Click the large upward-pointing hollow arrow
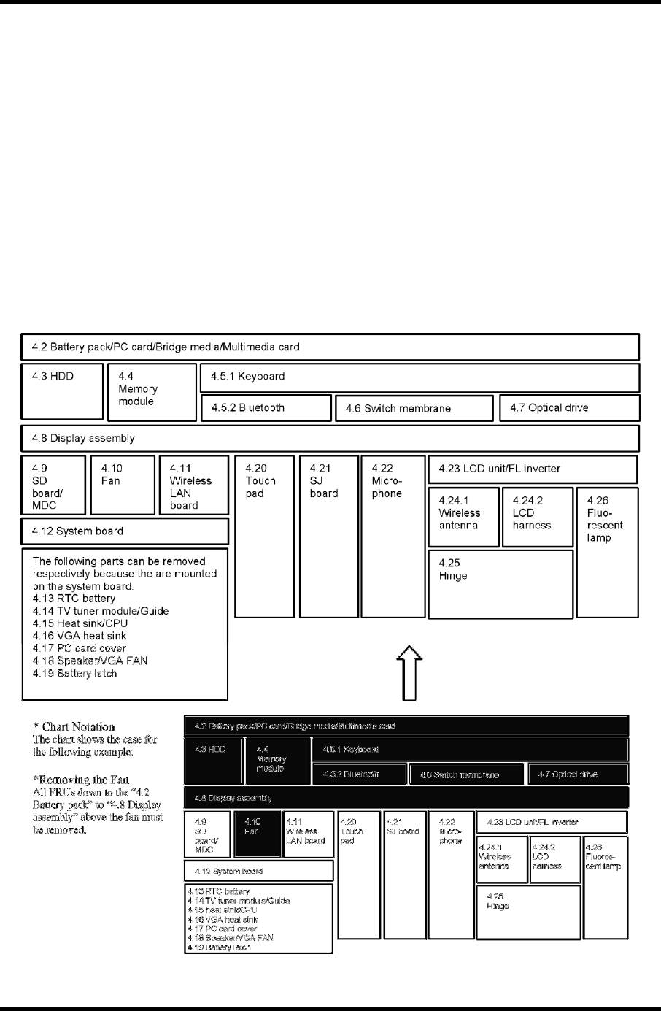coord(410,672)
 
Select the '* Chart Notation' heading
coord(74,727)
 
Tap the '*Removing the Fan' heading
coord(81,780)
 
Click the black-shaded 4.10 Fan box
coord(262,834)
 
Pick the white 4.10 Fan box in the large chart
coord(121,485)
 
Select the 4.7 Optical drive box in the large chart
coord(569,408)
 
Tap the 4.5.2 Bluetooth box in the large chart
coord(266,408)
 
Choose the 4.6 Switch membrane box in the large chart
coord(414,408)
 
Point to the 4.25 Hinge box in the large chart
coord(500,585)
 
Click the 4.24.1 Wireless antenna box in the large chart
coord(463,517)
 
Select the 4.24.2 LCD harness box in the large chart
coord(537,517)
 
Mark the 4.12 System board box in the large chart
coord(125,531)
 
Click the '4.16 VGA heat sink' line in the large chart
coord(80,636)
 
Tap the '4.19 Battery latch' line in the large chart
coord(74,673)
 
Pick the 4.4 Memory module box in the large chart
coord(152,393)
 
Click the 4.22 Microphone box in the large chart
coord(393,537)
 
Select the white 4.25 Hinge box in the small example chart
coord(528,912)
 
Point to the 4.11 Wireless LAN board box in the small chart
coord(308,834)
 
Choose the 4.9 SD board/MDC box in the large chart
coord(53,485)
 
